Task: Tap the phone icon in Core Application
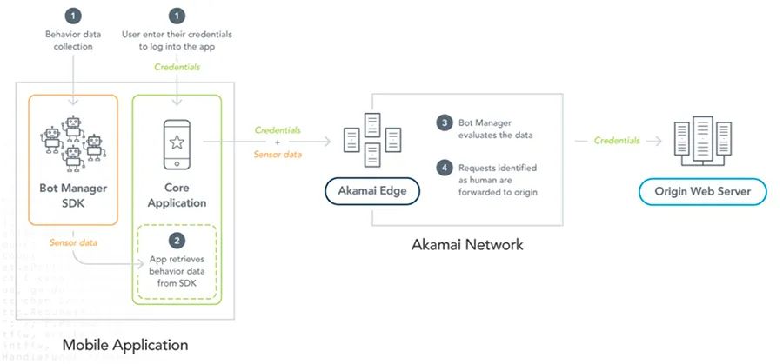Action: tap(177, 142)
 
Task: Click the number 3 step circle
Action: tap(444, 122)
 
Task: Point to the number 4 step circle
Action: tap(444, 168)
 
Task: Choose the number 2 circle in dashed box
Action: tap(177, 240)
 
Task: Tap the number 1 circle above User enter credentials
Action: tap(177, 15)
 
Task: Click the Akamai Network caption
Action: tap(467, 244)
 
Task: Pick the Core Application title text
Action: tap(177, 195)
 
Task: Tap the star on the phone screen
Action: tap(177, 141)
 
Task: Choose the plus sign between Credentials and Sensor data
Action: tap(278, 142)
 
